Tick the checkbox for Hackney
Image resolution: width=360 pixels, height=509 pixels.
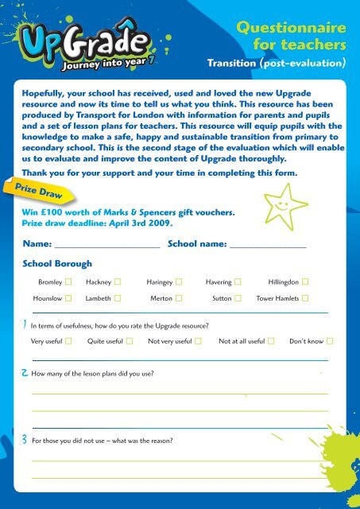click(118, 282)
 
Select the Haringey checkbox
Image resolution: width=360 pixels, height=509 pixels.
click(179, 282)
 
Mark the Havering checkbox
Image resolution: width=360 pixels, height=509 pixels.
click(238, 282)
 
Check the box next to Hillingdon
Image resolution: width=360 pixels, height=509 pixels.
click(305, 282)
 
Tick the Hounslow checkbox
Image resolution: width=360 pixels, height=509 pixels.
click(69, 297)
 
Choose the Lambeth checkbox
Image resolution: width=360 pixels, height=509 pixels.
click(118, 297)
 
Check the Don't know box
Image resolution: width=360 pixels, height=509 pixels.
click(330, 341)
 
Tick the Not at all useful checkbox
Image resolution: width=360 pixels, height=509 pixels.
click(271, 341)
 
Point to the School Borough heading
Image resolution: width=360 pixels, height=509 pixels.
click(57, 263)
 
